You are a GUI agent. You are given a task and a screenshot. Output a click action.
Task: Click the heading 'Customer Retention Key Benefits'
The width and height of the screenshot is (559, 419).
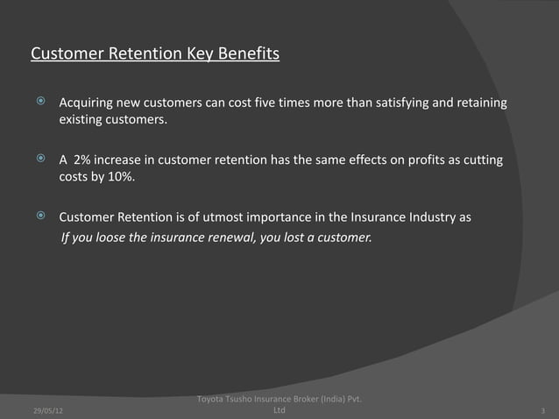pos(155,56)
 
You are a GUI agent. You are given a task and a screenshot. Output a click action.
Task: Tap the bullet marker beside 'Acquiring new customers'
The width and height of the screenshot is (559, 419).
pos(39,103)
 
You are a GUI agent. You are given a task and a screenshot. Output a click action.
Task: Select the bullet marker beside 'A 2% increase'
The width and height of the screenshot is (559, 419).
pos(39,160)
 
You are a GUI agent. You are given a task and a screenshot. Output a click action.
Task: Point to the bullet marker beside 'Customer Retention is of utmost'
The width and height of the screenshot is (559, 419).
pos(39,217)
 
